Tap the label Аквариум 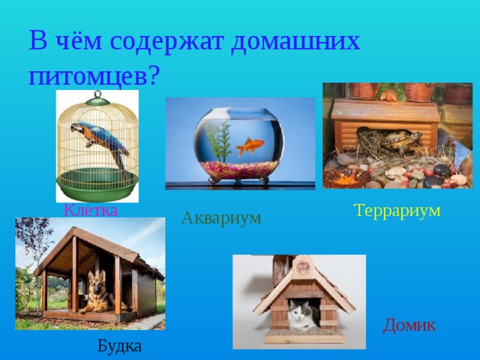(x=221, y=218)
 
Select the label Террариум (x=397, y=211)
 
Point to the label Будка (x=119, y=346)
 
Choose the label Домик (x=409, y=325)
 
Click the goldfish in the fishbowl (x=250, y=145)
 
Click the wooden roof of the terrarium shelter (x=385, y=112)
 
